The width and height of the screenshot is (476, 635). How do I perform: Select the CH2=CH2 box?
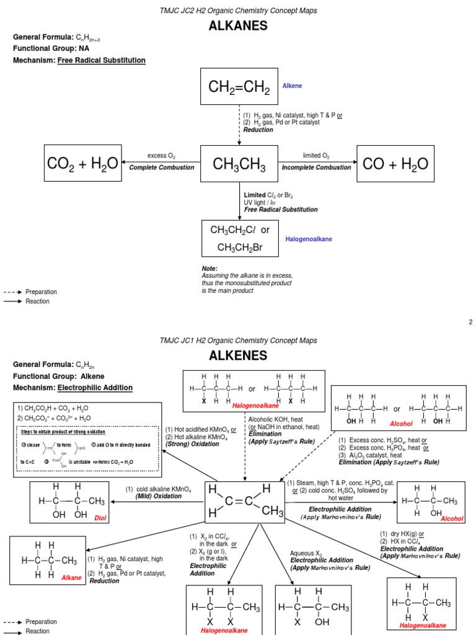239,87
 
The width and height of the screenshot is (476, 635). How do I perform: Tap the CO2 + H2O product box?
82,164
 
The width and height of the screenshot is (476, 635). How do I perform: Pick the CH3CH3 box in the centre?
239,164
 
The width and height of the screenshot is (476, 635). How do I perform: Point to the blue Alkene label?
293,86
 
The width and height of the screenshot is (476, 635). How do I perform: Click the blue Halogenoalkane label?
309,239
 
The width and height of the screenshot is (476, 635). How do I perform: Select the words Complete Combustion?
162,168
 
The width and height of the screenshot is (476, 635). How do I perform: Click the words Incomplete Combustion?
316,168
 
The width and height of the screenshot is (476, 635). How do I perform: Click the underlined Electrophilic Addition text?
95,388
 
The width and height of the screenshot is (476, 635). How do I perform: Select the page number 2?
470,322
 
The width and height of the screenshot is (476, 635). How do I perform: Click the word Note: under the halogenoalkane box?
210,269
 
